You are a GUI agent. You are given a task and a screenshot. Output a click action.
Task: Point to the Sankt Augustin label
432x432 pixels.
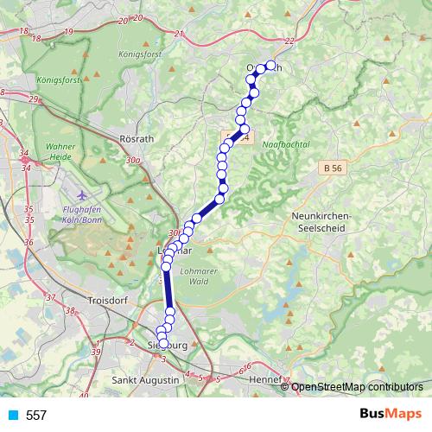[146, 380]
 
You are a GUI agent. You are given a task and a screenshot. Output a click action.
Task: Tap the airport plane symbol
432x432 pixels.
[81, 194]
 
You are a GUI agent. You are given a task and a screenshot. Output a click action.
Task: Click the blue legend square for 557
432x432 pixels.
[12, 416]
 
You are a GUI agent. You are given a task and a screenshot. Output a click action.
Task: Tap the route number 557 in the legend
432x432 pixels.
[36, 416]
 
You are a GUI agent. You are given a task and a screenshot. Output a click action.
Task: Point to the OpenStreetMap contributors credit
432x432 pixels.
[357, 386]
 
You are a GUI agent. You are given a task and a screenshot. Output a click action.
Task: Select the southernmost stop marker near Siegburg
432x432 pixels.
[163, 344]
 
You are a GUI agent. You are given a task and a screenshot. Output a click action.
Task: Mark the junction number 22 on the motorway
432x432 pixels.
[289, 41]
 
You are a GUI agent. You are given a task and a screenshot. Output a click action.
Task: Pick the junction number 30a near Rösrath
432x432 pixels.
[133, 160]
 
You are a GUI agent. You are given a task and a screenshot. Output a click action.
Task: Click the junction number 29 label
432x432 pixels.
[33, 99]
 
